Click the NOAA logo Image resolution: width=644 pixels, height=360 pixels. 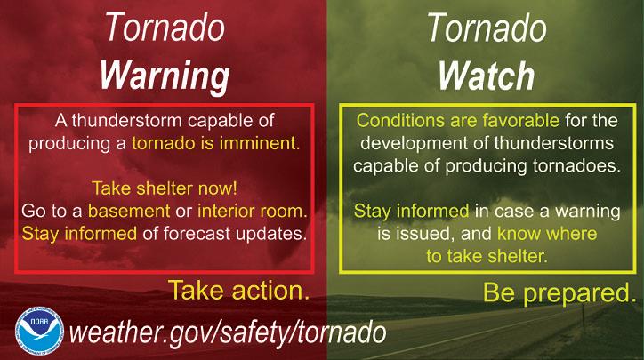click(x=39, y=332)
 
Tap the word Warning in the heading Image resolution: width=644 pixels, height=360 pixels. click(x=165, y=76)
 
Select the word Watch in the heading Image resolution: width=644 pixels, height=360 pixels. click(x=487, y=76)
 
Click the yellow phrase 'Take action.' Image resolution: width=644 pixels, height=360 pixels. click(x=238, y=290)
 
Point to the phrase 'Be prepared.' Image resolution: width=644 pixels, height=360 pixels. click(x=559, y=293)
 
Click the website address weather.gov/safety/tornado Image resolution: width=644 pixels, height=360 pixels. click(x=228, y=332)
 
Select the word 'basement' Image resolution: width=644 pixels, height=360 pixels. click(x=129, y=211)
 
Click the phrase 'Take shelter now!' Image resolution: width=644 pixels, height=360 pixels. click(x=165, y=188)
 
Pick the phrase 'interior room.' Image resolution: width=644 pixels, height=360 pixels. click(x=253, y=211)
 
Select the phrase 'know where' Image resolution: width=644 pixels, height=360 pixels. click(x=547, y=234)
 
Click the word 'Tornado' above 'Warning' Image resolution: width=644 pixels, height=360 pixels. click(x=165, y=28)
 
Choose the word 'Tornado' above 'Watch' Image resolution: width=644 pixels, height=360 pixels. click(x=487, y=28)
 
